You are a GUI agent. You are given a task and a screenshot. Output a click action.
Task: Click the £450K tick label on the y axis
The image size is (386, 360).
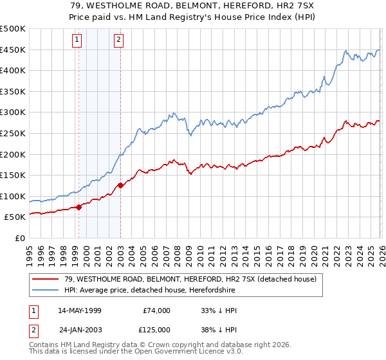point(13,50)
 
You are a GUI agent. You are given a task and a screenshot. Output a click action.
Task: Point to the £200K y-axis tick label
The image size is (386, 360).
point(13,154)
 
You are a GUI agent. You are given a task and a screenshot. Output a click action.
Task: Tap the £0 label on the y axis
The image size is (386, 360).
point(19,238)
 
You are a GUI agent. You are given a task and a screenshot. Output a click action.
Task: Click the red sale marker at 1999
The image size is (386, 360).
point(78,207)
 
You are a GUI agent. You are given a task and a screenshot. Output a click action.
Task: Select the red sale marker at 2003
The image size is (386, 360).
point(120,186)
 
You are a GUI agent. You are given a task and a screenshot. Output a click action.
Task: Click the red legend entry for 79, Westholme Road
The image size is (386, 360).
point(190,280)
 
